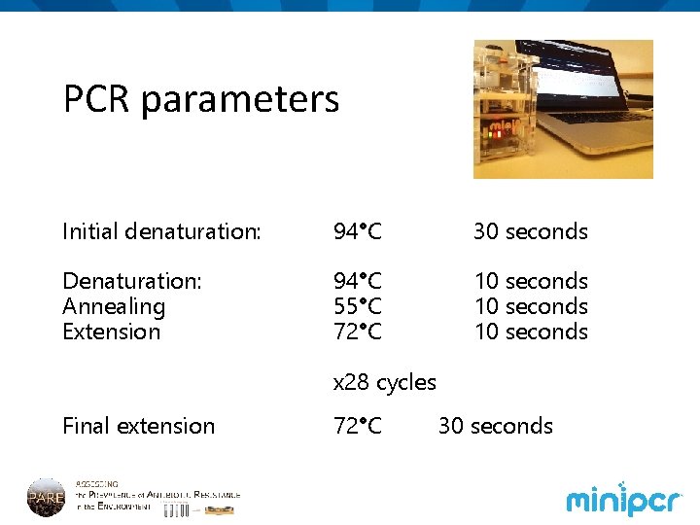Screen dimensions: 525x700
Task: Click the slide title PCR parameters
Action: pos(201,99)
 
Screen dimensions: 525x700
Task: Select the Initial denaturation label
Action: pos(161,231)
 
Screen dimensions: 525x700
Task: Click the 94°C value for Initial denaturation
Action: pos(358,231)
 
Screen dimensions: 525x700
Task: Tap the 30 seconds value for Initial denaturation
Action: pos(531,231)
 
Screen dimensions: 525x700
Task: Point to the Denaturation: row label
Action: pos(132,281)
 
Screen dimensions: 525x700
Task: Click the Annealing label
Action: pos(114,306)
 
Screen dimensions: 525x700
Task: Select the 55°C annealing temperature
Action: pos(358,306)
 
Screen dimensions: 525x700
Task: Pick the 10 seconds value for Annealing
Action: pos(531,306)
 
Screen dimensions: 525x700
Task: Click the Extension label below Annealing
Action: pos(111,332)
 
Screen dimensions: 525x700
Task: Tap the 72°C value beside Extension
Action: pos(358,332)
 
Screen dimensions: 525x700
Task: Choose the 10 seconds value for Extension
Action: pos(531,332)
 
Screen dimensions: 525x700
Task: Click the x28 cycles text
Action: pos(385,382)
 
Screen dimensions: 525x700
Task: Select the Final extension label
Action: pos(138,426)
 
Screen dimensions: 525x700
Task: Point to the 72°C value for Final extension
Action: pos(358,426)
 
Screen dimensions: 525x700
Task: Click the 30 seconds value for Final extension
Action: pos(496,426)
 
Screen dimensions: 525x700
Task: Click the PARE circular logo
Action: pos(46,496)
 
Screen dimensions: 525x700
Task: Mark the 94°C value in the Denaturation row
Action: pos(358,281)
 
